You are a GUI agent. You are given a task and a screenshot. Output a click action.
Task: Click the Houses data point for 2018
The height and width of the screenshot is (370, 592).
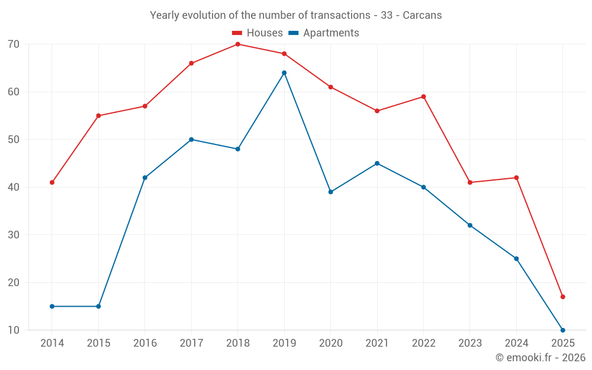click(x=237, y=44)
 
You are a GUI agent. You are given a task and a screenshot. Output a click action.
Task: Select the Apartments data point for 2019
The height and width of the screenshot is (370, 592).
click(x=284, y=73)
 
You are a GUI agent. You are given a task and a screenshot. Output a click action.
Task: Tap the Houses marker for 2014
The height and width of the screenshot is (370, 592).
click(x=52, y=182)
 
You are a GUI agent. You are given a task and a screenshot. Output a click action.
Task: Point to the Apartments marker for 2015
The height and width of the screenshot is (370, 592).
click(x=98, y=306)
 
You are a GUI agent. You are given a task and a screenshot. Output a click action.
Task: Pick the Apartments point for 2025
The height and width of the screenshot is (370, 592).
click(x=562, y=330)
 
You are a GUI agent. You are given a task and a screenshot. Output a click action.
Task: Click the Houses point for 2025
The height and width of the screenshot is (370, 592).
click(x=562, y=297)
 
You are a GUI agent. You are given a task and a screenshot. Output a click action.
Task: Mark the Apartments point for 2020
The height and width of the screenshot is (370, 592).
click(x=330, y=192)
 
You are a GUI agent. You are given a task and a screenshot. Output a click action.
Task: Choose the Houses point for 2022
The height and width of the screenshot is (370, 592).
click(x=423, y=96)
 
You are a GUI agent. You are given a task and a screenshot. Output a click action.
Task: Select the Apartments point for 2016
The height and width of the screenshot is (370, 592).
click(x=145, y=178)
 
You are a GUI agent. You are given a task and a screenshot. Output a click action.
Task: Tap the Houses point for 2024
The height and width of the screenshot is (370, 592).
click(x=516, y=178)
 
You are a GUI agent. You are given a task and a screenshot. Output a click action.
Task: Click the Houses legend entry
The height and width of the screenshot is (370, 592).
click(x=258, y=33)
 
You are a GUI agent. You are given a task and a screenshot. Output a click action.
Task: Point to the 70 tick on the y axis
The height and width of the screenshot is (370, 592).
click(x=14, y=44)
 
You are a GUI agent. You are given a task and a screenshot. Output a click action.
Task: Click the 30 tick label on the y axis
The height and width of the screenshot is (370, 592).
click(x=14, y=235)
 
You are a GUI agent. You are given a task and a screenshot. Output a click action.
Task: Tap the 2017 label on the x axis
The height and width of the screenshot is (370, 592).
click(x=191, y=343)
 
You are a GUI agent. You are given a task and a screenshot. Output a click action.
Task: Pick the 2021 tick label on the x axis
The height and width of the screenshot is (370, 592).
click(x=377, y=343)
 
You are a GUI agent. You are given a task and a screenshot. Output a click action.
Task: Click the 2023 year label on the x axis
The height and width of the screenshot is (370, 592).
click(x=470, y=343)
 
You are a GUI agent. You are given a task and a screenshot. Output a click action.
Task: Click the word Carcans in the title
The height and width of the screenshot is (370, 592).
click(x=422, y=15)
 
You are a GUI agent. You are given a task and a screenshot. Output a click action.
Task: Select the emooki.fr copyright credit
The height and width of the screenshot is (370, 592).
click(x=540, y=358)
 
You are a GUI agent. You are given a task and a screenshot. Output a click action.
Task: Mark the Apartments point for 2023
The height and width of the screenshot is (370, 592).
click(x=470, y=225)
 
